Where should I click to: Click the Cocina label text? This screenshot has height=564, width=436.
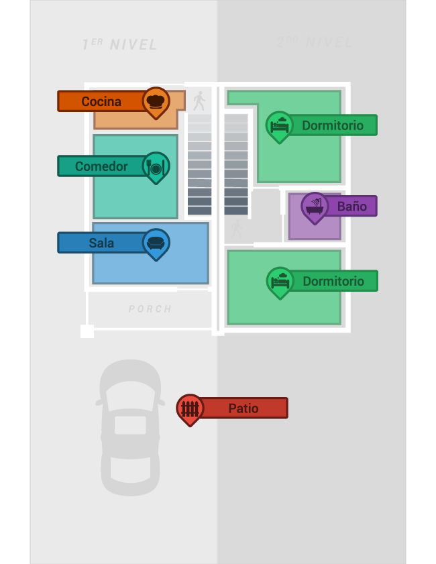click(x=101, y=101)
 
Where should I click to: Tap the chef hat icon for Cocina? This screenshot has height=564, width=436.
click(x=156, y=101)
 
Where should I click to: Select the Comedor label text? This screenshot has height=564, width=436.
click(x=101, y=166)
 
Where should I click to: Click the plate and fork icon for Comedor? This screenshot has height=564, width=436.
click(x=156, y=166)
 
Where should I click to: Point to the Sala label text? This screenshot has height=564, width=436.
click(x=101, y=243)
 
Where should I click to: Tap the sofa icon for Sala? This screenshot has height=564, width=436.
click(x=156, y=242)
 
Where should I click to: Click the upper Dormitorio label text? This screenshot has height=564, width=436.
click(x=333, y=125)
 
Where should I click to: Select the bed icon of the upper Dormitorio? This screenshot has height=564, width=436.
click(x=280, y=125)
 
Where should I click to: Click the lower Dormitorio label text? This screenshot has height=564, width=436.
click(x=333, y=281)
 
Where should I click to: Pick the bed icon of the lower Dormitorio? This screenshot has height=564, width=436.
click(x=280, y=281)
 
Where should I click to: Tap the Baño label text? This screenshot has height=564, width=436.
click(x=351, y=207)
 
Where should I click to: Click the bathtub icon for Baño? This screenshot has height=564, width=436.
click(x=315, y=206)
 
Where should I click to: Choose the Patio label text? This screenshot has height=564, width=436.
click(x=243, y=408)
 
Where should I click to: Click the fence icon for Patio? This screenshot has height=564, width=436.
click(x=190, y=408)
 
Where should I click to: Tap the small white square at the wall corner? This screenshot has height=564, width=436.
click(x=87, y=331)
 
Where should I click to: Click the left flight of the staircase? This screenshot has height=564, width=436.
click(x=199, y=164)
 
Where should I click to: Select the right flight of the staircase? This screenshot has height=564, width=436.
click(x=236, y=164)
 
